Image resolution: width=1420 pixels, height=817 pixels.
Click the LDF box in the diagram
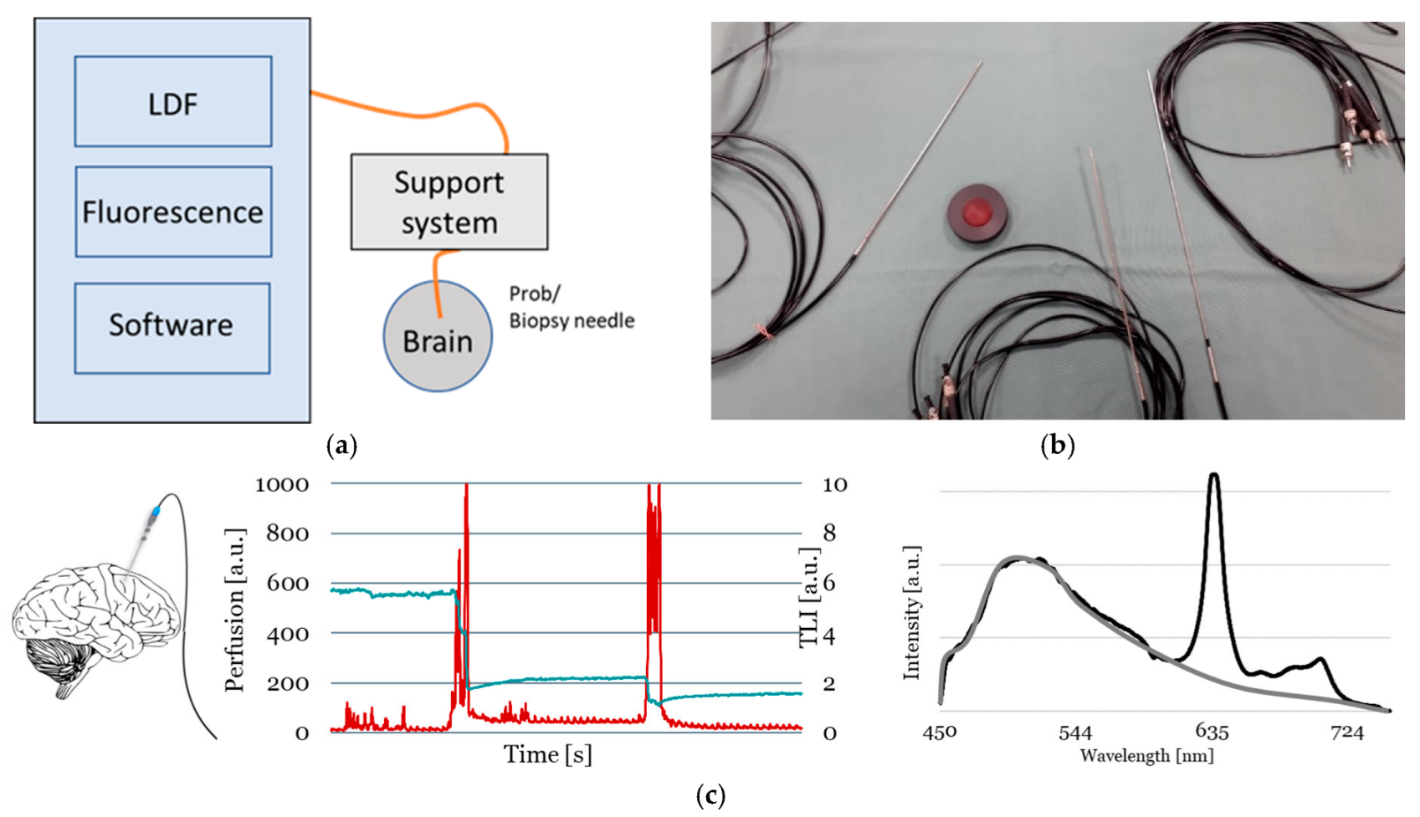[x=173, y=102]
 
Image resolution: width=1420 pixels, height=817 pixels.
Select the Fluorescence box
[x=173, y=212]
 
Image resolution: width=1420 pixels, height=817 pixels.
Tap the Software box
[x=172, y=327]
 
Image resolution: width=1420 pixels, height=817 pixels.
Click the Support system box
[x=449, y=202]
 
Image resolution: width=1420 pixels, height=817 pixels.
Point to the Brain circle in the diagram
[x=438, y=337]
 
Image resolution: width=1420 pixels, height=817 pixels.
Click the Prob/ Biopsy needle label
[x=572, y=308]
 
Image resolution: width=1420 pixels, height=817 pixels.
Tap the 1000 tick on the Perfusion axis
[x=282, y=484]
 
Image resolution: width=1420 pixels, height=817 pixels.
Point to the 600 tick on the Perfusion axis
[x=287, y=584]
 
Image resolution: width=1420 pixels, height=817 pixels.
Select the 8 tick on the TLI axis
[x=828, y=534]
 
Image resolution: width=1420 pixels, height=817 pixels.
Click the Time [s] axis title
[x=548, y=754]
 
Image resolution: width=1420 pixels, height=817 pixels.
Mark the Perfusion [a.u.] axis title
[x=235, y=610]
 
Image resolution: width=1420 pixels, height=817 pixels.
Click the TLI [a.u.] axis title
[x=808, y=597]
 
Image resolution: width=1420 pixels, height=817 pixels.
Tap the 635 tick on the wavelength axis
[x=1212, y=733]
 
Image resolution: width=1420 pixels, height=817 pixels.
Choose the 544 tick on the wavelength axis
[x=1075, y=733]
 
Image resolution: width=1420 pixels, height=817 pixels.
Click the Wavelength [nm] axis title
[x=1146, y=756]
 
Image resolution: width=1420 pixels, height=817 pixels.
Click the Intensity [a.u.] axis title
[x=912, y=612]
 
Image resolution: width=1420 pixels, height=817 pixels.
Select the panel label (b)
[x=1058, y=445]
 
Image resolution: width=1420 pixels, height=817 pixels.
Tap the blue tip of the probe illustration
[x=156, y=511]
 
